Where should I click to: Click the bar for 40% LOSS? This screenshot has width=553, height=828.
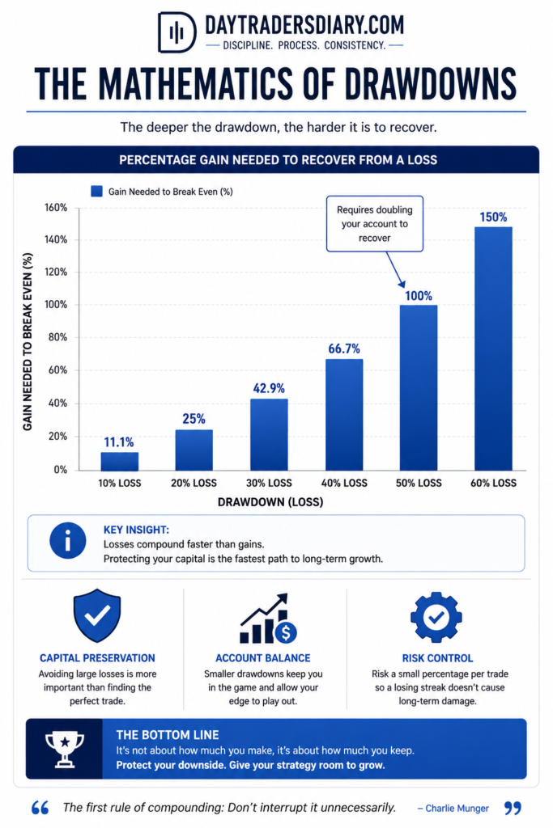(x=344, y=415)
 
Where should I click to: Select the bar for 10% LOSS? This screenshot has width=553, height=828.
(x=120, y=461)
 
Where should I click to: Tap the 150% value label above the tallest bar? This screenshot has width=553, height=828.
(x=493, y=217)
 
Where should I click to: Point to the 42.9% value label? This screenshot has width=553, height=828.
(x=269, y=388)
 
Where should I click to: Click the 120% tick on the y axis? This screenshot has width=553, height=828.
(x=56, y=272)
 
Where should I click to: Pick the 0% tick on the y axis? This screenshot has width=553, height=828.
(x=60, y=470)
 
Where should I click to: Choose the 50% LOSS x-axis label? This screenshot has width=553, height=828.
(x=419, y=483)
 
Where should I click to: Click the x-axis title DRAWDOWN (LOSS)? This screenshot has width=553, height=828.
(x=270, y=501)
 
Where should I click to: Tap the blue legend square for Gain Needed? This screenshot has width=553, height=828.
(x=96, y=191)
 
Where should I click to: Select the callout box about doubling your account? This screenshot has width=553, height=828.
(x=375, y=224)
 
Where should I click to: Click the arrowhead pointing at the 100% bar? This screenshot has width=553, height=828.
(x=402, y=284)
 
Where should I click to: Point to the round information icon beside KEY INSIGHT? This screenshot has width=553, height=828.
(x=68, y=541)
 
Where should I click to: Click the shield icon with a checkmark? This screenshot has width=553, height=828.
(x=97, y=615)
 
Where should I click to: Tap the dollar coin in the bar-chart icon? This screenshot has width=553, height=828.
(x=286, y=632)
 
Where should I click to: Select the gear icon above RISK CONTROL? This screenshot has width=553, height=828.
(x=436, y=616)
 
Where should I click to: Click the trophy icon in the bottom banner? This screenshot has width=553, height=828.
(x=65, y=749)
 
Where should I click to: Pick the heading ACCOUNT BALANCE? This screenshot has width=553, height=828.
(x=263, y=658)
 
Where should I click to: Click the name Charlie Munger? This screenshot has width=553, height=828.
(x=457, y=808)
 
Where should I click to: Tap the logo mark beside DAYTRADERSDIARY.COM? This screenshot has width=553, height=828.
(x=177, y=32)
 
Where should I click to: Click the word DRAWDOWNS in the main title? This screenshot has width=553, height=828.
(x=431, y=84)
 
